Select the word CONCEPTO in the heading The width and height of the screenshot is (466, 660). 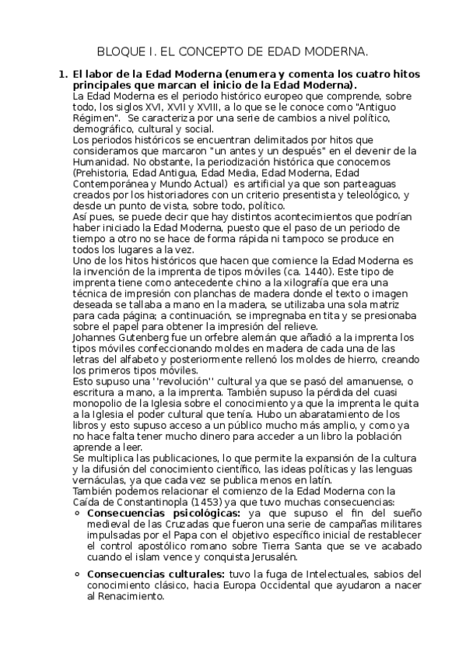click(x=209, y=52)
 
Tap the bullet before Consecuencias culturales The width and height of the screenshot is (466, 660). click(x=78, y=574)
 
